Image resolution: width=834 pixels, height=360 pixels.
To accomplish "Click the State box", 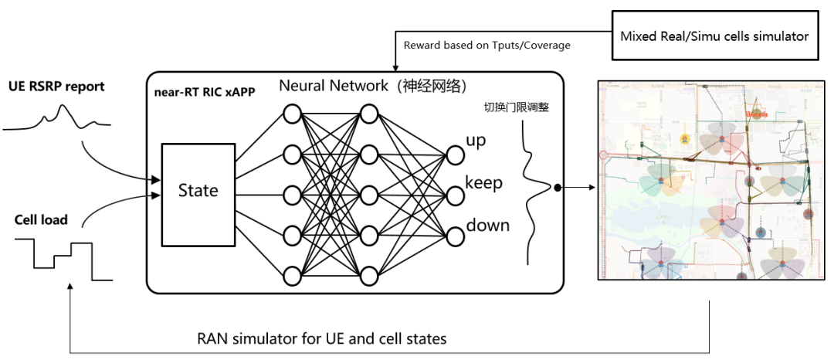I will [x=198, y=190].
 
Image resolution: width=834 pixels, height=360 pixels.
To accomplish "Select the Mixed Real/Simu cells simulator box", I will [x=714, y=36].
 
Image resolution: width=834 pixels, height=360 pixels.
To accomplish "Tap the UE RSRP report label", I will [x=56, y=87].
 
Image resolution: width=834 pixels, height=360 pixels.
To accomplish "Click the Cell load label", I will [x=41, y=220].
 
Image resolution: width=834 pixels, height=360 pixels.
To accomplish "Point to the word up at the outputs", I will [x=476, y=141].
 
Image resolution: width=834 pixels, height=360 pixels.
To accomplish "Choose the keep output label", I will [x=483, y=183].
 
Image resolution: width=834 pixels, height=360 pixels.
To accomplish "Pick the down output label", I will [x=487, y=226].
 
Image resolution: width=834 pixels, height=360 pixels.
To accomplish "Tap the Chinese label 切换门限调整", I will [x=515, y=109].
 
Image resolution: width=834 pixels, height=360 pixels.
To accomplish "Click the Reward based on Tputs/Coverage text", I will [x=486, y=45].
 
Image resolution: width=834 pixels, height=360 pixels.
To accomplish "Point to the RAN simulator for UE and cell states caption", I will [x=322, y=338].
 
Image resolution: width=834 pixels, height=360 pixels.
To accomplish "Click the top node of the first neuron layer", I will [x=292, y=114].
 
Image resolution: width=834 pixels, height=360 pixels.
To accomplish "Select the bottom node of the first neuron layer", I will [x=292, y=275].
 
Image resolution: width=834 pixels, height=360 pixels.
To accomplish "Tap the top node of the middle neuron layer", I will [x=368, y=114].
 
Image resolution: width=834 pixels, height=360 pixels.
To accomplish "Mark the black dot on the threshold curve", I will [x=558, y=187].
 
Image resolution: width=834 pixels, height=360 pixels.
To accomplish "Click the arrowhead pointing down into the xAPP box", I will [x=395, y=67].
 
